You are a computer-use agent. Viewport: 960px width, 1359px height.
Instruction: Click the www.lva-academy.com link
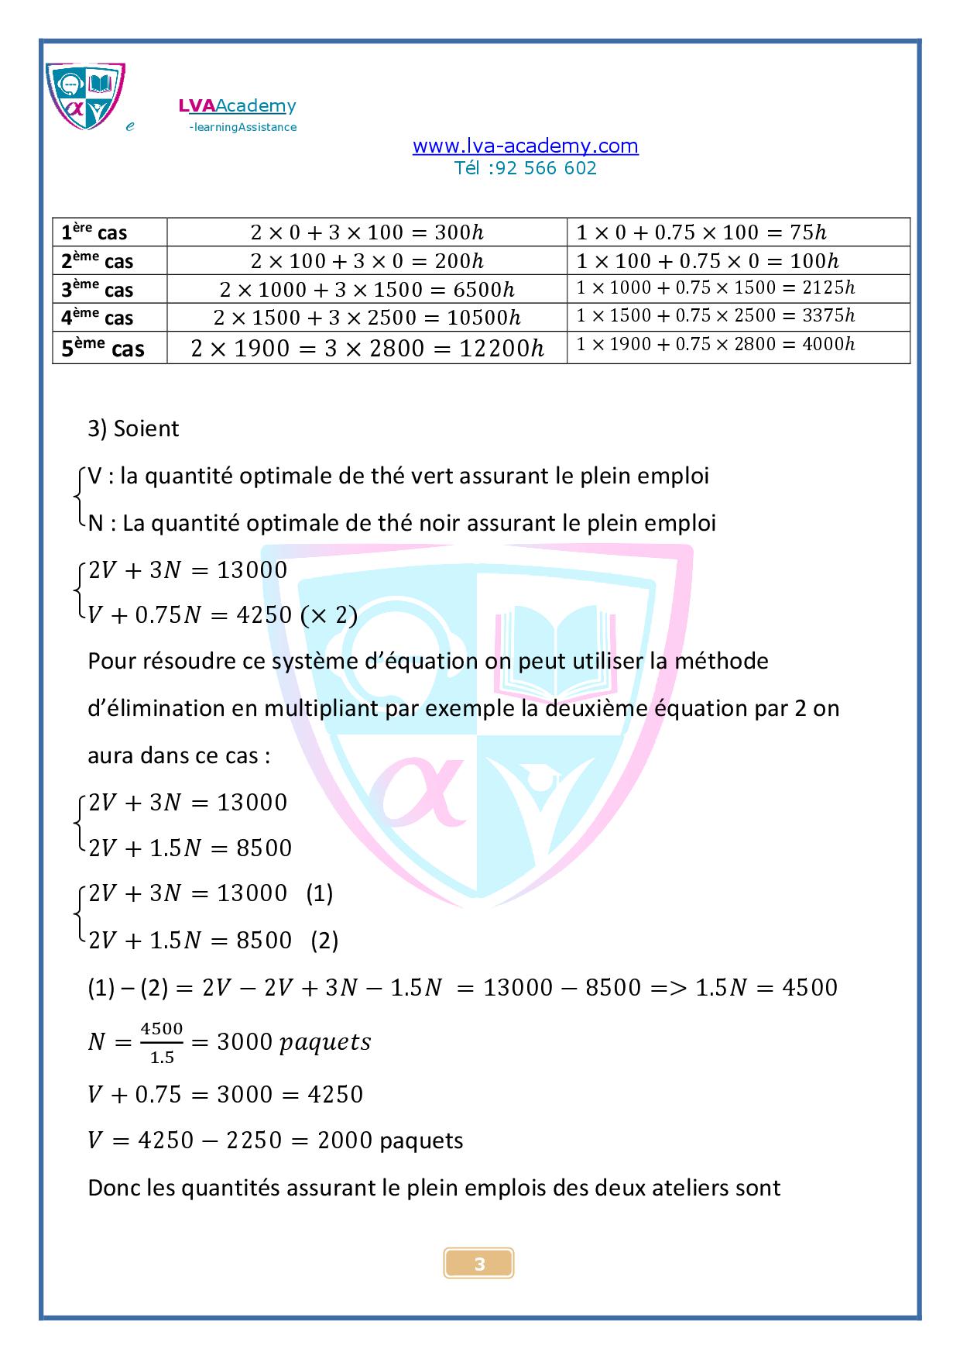[525, 146]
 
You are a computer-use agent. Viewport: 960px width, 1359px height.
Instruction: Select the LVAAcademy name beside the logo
[237, 106]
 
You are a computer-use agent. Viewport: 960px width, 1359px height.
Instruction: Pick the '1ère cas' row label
[94, 232]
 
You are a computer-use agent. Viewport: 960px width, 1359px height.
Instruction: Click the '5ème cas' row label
[104, 349]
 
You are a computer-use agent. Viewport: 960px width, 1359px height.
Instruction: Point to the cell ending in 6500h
[367, 290]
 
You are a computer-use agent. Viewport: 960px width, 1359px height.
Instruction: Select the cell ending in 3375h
[715, 315]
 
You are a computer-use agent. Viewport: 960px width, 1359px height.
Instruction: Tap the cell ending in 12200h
[367, 349]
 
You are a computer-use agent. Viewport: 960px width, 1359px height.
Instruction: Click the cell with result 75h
[701, 232]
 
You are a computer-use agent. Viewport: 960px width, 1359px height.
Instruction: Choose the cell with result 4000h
[715, 344]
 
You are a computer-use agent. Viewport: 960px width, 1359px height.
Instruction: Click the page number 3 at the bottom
[479, 1264]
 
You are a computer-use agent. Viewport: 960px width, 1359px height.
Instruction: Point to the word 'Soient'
[146, 428]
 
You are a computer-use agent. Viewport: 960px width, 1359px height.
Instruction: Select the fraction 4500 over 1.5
[162, 1042]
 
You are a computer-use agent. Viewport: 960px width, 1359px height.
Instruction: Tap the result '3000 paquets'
[294, 1042]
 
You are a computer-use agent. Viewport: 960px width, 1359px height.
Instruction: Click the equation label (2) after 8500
[324, 940]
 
